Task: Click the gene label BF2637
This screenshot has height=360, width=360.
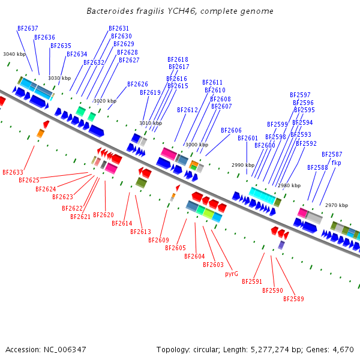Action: click(28, 28)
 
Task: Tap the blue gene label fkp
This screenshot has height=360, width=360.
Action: click(336, 163)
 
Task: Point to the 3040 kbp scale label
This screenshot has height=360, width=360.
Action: click(14, 54)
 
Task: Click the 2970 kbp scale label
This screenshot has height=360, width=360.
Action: click(337, 205)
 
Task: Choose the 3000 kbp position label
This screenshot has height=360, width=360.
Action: click(197, 145)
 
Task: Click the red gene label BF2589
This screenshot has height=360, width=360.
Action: click(293, 299)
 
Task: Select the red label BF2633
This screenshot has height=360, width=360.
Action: click(13, 172)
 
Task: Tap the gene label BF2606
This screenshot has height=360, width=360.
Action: click(231, 130)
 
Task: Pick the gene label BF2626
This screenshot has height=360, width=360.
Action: click(137, 84)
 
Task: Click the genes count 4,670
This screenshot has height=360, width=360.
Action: click(343, 349)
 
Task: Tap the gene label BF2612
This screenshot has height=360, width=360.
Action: click(187, 110)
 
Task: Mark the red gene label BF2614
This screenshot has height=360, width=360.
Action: click(122, 224)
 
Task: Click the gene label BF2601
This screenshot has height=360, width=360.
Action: click(248, 138)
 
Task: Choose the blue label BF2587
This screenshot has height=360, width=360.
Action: click(332, 154)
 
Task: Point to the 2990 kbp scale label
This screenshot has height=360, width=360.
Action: click(243, 165)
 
